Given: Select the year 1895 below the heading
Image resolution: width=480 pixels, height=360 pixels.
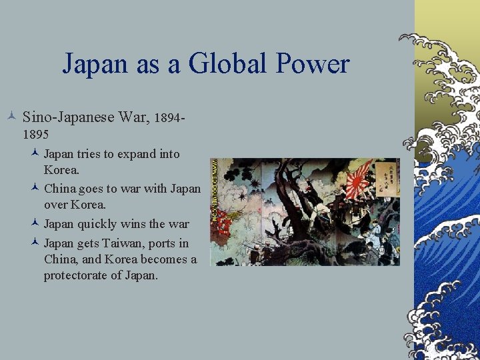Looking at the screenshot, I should point(35,134).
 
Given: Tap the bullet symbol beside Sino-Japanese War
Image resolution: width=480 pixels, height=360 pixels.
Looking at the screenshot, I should point(13,118).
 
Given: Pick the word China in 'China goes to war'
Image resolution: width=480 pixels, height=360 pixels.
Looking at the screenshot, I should point(59,189).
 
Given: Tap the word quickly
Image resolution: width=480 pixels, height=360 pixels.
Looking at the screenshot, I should point(97,224).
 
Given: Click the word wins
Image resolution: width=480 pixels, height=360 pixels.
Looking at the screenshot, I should point(133,224).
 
